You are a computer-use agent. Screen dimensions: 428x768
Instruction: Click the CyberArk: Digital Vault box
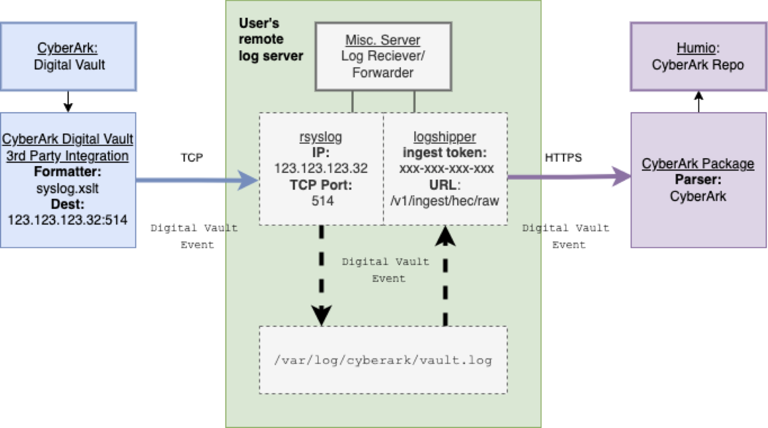(x=68, y=56)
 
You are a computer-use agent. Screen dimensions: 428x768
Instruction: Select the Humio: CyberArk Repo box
(x=698, y=56)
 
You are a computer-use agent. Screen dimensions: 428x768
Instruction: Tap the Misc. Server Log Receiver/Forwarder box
(x=383, y=56)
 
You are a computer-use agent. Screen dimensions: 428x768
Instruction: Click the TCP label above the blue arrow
(x=192, y=157)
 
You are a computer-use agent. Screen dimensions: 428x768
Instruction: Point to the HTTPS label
(x=563, y=157)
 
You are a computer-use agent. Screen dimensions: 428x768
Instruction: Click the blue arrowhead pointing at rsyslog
(x=248, y=180)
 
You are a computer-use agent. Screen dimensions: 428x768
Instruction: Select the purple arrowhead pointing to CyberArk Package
(x=621, y=176)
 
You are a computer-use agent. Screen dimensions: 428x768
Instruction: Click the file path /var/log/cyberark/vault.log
(x=383, y=360)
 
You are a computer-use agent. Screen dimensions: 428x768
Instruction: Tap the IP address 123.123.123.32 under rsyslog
(x=321, y=169)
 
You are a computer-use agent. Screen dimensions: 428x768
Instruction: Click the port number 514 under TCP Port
(x=323, y=201)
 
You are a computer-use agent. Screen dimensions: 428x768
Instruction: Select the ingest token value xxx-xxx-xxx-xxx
(x=446, y=169)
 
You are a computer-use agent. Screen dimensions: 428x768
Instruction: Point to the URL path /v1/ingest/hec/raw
(x=445, y=201)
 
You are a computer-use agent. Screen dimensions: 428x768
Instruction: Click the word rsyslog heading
(x=321, y=137)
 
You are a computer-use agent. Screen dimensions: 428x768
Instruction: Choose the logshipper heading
(x=445, y=137)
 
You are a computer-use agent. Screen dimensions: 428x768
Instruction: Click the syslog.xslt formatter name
(x=67, y=188)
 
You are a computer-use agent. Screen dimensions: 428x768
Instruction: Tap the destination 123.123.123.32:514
(x=67, y=220)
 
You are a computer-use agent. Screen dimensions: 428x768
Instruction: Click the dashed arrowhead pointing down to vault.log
(x=321, y=315)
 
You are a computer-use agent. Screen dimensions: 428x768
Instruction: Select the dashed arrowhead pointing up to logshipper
(x=445, y=236)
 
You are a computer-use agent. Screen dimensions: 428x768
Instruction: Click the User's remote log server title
(x=271, y=39)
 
